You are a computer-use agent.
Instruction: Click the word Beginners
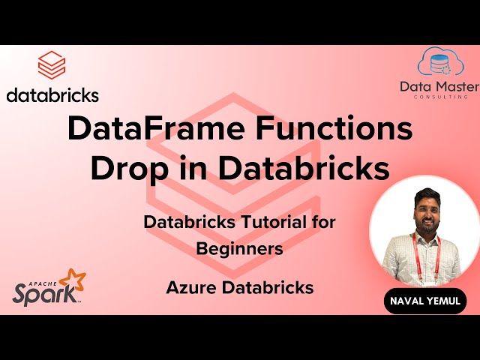coord(240,249)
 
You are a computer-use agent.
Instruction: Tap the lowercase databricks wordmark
coord(52,95)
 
